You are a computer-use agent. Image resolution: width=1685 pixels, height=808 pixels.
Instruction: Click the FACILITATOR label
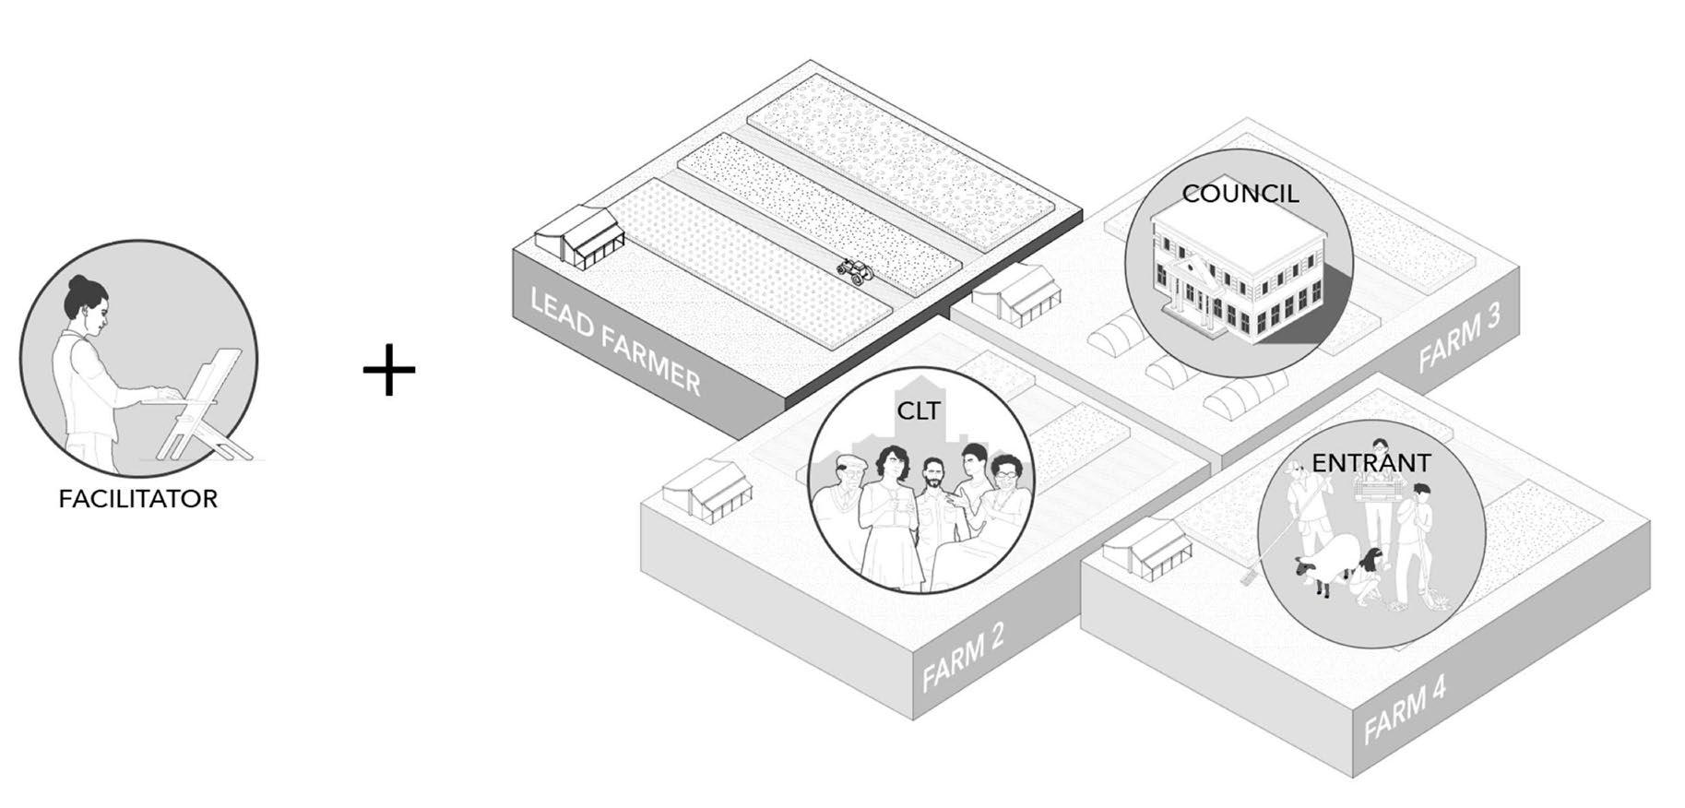(138, 499)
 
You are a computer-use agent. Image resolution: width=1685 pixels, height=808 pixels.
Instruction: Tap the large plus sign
(389, 370)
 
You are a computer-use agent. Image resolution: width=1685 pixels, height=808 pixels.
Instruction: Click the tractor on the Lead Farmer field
(855, 270)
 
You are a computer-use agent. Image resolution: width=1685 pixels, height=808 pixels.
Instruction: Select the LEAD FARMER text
(615, 339)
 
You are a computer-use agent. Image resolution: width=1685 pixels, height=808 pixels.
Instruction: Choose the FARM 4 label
(1404, 709)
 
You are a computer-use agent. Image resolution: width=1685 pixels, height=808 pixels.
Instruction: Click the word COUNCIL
(1240, 195)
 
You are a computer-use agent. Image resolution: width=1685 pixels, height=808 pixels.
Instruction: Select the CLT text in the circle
(919, 411)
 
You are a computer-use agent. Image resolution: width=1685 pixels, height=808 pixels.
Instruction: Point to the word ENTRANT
(1371, 463)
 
